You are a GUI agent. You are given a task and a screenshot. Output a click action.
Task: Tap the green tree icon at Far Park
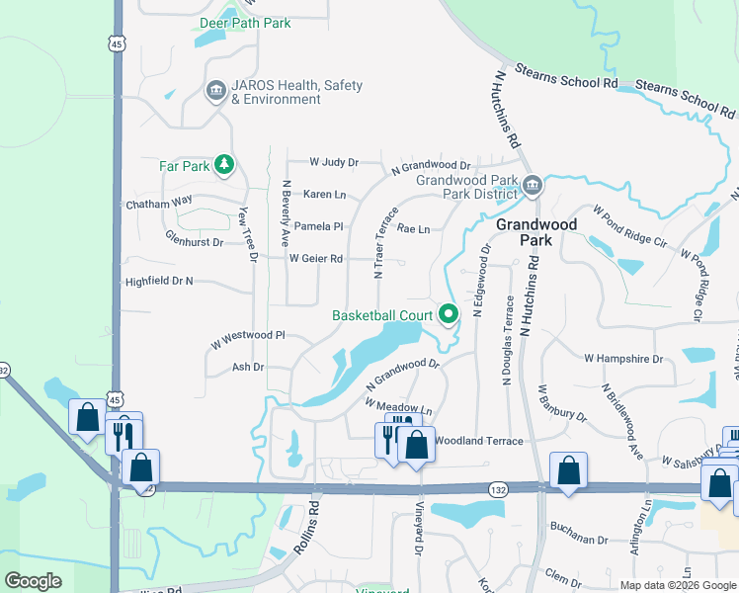tap(225, 165)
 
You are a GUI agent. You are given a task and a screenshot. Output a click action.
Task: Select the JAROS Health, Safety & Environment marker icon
tap(214, 92)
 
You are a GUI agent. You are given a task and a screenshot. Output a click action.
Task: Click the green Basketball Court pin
tap(449, 315)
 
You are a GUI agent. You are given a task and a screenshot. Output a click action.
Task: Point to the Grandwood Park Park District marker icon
tap(532, 185)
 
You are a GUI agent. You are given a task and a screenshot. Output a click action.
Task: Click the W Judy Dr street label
tap(333, 161)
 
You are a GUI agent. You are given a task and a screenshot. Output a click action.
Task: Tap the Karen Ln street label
tap(324, 194)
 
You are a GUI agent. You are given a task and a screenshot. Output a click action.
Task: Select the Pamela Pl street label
tap(318, 226)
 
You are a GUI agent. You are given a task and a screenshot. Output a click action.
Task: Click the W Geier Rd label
tap(315, 259)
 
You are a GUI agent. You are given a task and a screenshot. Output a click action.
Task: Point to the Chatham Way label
tap(159, 204)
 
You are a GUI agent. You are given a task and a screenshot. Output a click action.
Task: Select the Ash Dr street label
tap(247, 367)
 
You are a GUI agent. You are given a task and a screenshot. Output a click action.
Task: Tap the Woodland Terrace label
tap(478, 440)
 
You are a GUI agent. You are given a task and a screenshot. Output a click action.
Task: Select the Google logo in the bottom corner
tap(33, 580)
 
